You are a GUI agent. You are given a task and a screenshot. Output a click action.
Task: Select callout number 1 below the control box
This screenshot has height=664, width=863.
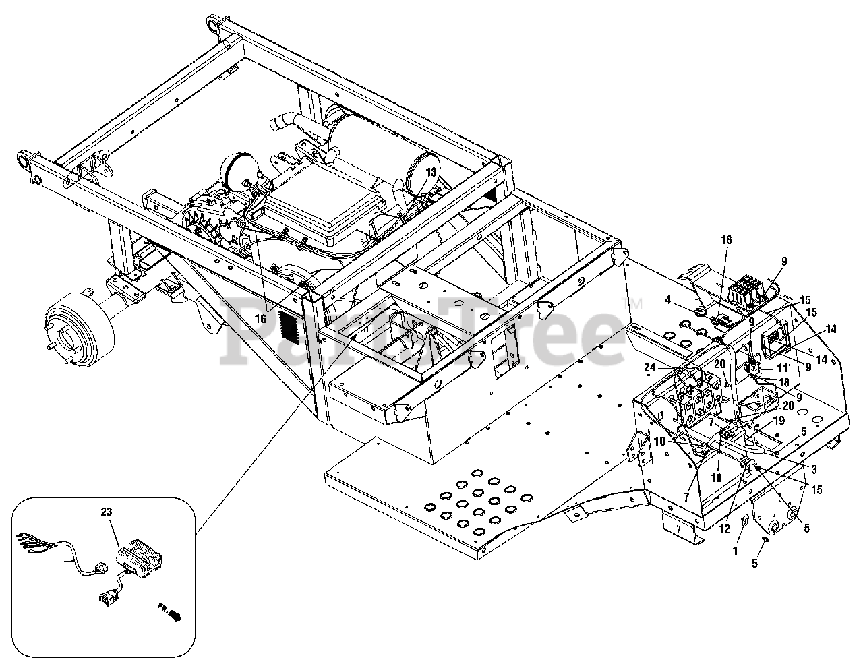coord(736,550)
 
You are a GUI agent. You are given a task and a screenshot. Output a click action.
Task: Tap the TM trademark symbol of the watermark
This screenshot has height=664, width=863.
coord(635,303)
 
